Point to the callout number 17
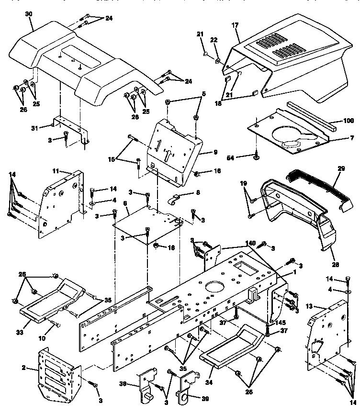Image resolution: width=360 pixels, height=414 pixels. click(236, 25)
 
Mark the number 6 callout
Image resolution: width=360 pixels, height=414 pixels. click(125, 203)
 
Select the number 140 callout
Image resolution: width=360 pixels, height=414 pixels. click(250, 243)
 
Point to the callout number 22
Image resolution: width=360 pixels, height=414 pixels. click(214, 41)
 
